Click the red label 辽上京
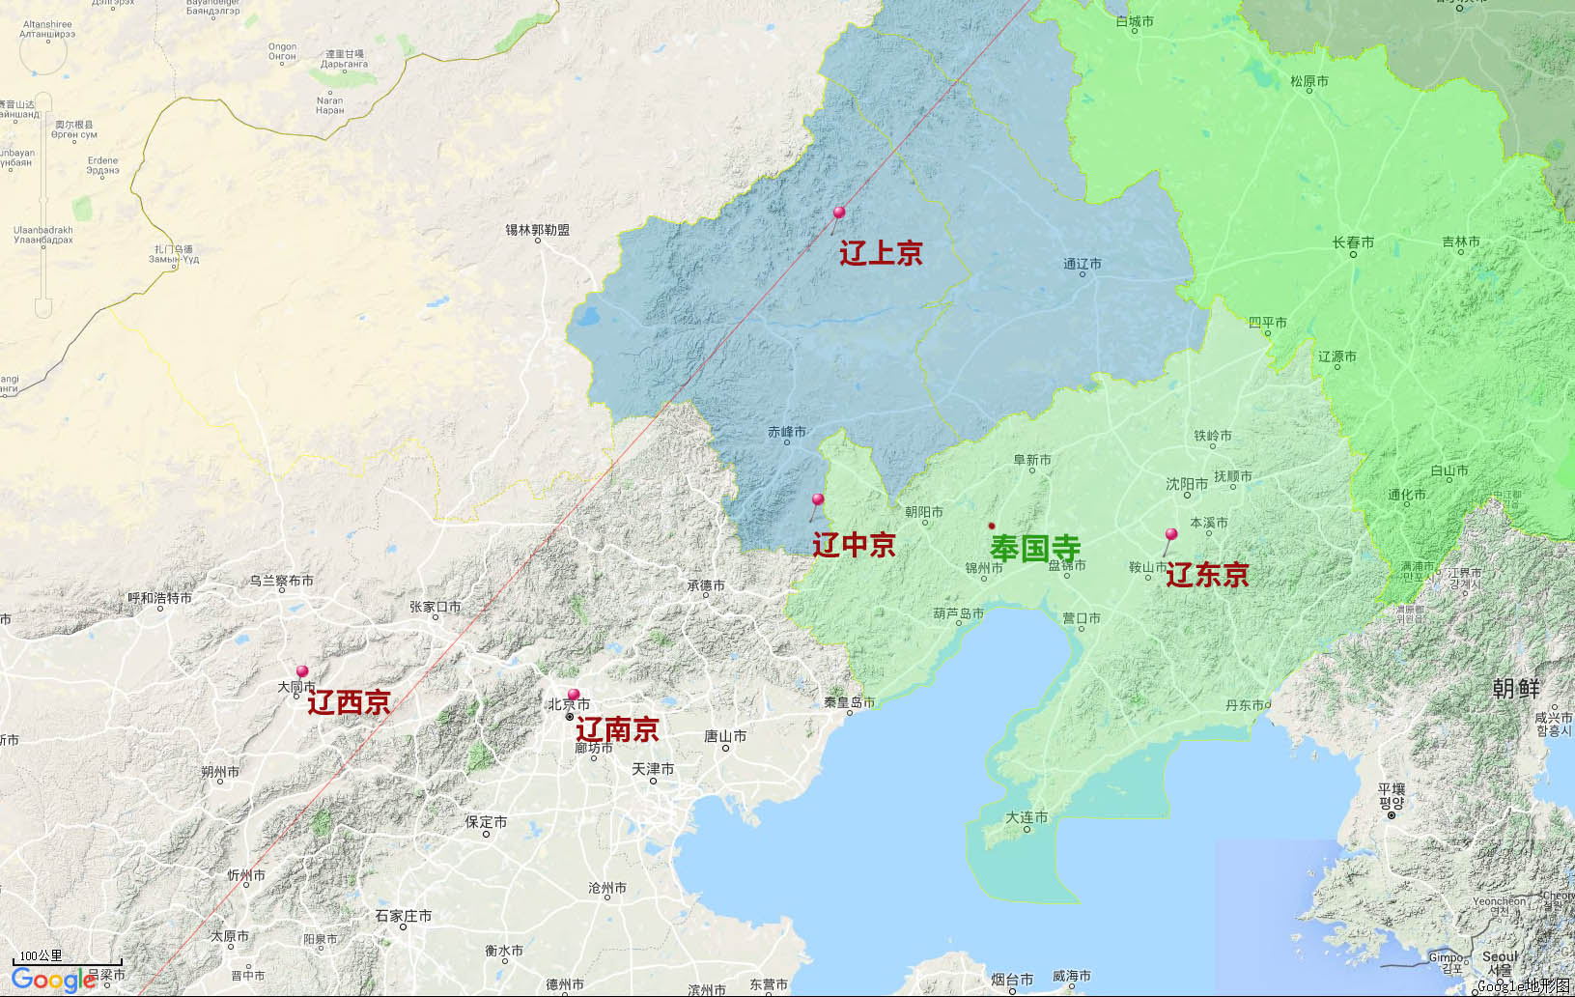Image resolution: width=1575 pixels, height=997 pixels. (x=881, y=253)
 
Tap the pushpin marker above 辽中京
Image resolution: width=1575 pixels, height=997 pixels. (x=818, y=500)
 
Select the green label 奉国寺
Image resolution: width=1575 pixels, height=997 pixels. (x=1034, y=548)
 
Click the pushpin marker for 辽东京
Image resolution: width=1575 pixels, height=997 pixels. (x=1171, y=534)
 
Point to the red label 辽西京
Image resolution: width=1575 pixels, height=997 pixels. (x=349, y=702)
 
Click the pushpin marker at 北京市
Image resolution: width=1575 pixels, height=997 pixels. (x=574, y=695)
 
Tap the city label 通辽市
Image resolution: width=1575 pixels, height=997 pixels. (x=1082, y=264)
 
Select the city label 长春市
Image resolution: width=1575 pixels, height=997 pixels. (x=1353, y=242)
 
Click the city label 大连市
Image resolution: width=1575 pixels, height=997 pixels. (x=1027, y=817)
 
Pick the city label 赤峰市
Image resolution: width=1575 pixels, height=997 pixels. (x=786, y=432)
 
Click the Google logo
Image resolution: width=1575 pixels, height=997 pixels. (x=53, y=980)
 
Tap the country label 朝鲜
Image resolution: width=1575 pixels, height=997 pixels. (x=1516, y=688)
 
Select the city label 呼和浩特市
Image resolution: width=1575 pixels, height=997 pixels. (x=159, y=598)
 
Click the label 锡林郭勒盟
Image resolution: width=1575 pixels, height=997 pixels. (x=537, y=230)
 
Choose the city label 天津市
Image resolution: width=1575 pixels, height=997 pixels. (x=653, y=769)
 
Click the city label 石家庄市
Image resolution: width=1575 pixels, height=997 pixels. (x=403, y=916)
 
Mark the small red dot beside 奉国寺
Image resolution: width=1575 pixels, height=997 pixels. (x=992, y=526)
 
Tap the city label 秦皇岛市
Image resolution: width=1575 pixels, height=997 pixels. (x=849, y=702)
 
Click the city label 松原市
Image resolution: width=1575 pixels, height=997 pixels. (x=1308, y=81)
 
